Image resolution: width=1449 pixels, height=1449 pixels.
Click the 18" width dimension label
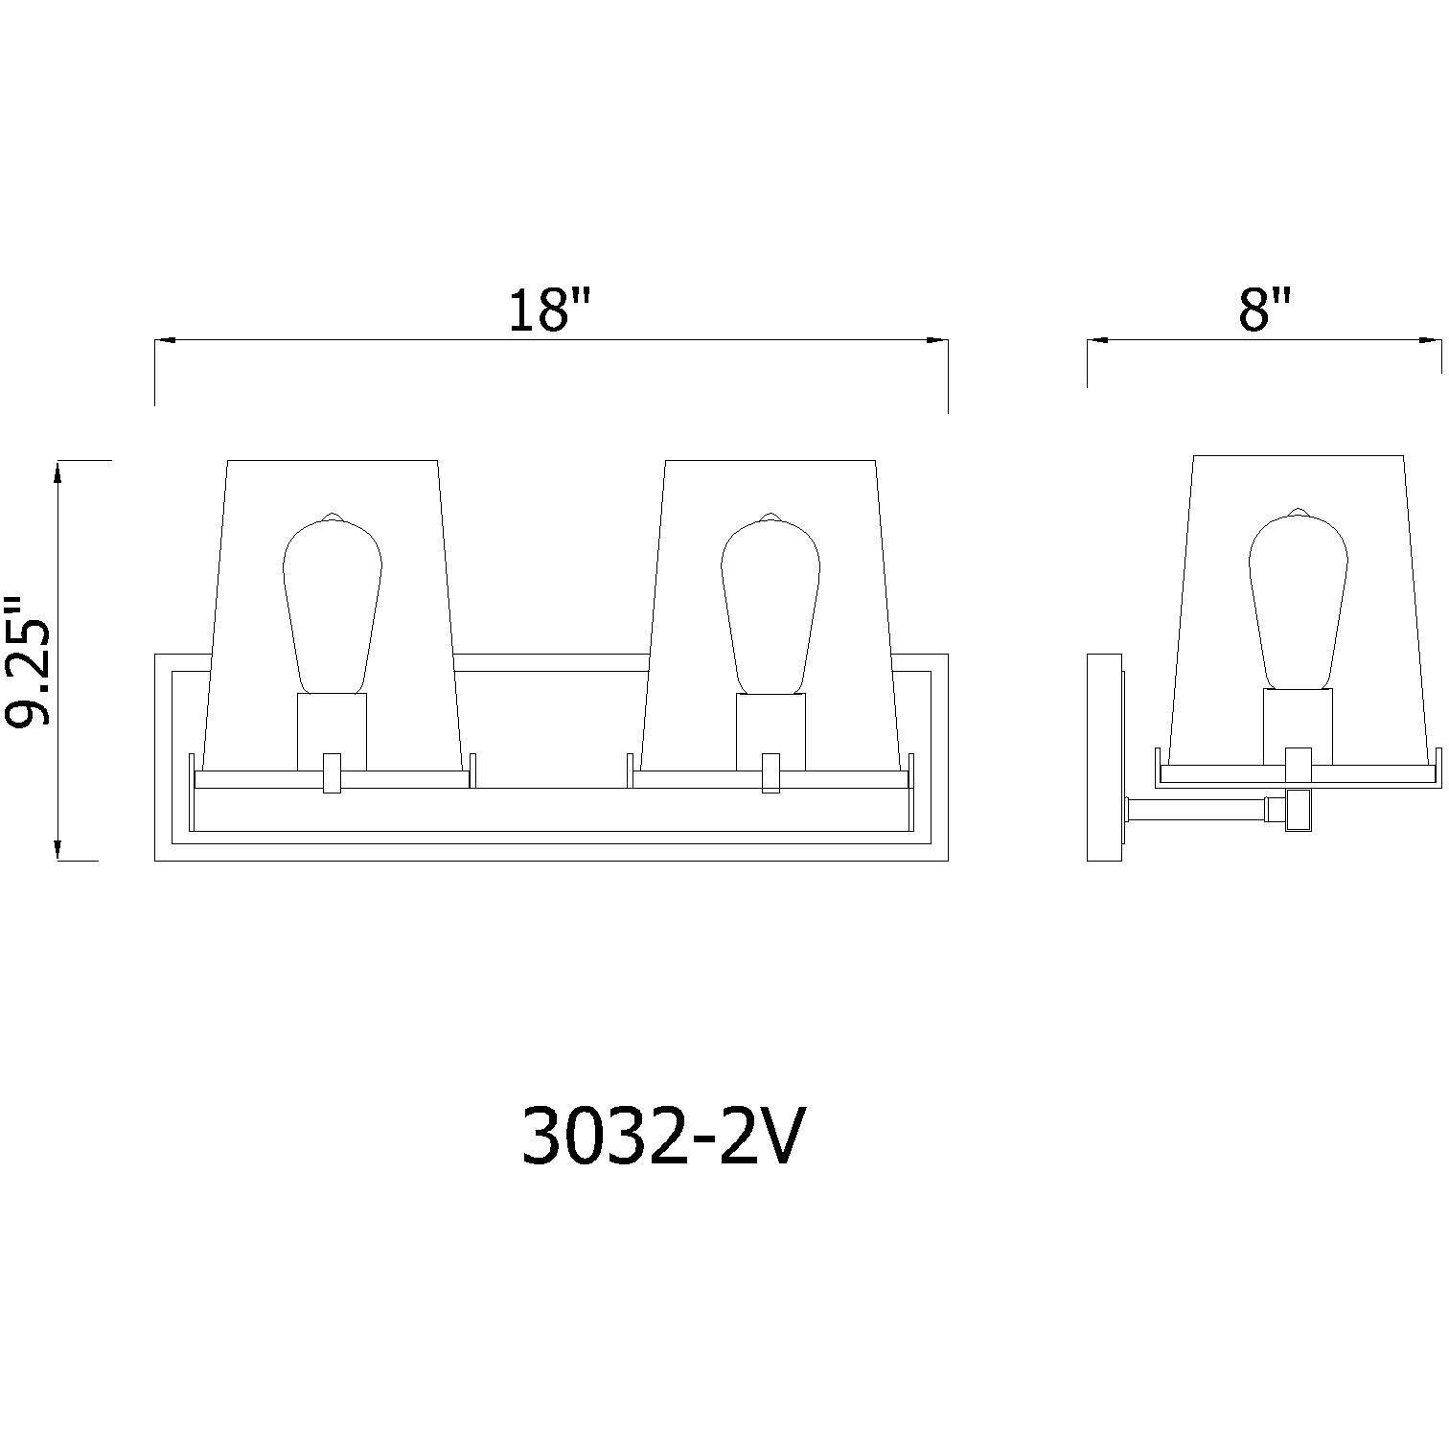coord(550,310)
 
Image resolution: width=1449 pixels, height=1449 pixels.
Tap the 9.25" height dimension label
coord(27,661)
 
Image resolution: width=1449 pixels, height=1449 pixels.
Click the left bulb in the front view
coord(333,604)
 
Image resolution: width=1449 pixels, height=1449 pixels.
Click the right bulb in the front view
coord(770,604)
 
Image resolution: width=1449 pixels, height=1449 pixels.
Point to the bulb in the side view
coord(1298,600)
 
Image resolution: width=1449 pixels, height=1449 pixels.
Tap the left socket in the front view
coord(333,730)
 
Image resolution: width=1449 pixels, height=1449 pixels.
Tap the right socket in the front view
coord(770,730)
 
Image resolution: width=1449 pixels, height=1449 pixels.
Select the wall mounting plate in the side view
coord(1105,757)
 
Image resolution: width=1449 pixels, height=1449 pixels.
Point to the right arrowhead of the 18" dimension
coord(938,339)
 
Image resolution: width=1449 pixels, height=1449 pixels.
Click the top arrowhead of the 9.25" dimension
coord(59,471)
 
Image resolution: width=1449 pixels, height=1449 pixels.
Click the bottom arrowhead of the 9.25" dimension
coord(59,850)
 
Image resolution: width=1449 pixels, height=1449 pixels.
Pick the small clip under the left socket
coord(333,773)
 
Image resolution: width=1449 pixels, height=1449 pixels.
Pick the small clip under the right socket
coord(770,773)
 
